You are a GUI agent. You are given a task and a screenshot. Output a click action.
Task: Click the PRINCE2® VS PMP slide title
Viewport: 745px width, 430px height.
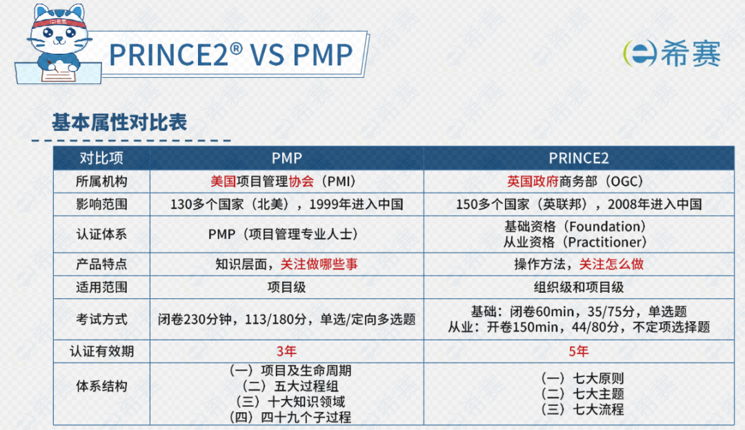(x=230, y=54)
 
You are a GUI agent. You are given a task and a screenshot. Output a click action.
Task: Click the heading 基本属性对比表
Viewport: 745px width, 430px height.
(x=119, y=123)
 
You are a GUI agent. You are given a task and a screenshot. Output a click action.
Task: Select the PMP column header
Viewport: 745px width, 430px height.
(x=286, y=158)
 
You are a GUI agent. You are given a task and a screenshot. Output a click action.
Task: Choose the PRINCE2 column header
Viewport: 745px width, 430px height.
(x=579, y=158)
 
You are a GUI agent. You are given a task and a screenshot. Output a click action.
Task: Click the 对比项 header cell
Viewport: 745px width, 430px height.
(x=101, y=158)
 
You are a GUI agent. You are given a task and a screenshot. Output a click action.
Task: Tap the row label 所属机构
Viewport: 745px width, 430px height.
(x=101, y=181)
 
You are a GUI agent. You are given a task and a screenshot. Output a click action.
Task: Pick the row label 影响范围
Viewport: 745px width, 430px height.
(x=101, y=204)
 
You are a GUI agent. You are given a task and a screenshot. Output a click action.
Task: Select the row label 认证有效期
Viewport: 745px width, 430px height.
(x=101, y=351)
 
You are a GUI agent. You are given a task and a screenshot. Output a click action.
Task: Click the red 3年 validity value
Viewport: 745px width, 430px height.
(x=286, y=351)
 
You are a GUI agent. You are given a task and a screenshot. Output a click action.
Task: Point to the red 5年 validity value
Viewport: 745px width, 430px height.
(x=579, y=351)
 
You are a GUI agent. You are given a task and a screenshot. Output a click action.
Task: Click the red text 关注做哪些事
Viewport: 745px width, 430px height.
(x=319, y=264)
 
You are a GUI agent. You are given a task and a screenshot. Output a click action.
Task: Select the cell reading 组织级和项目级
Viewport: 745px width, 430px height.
(x=579, y=287)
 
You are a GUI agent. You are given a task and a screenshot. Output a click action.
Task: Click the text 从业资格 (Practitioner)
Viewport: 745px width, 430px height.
(x=576, y=242)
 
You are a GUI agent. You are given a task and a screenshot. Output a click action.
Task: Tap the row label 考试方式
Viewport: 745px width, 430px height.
(x=101, y=319)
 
